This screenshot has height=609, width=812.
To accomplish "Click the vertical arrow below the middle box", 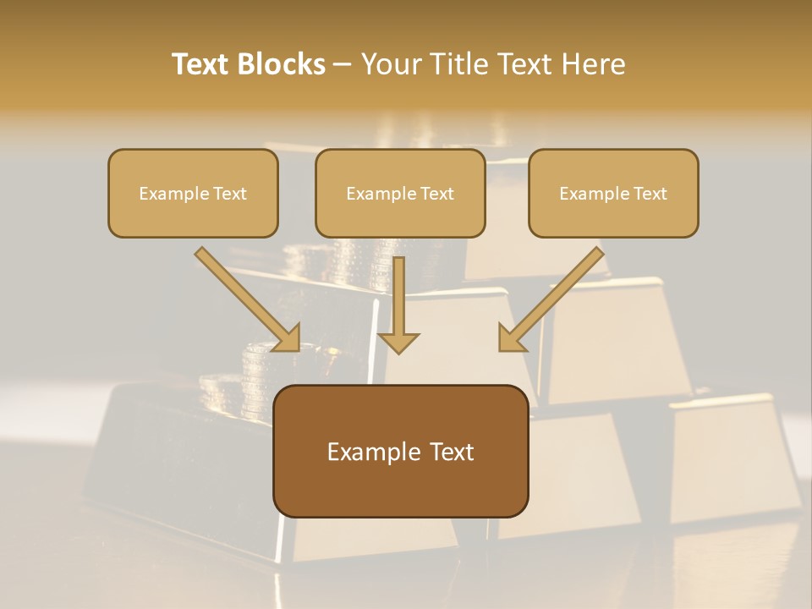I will (x=398, y=296).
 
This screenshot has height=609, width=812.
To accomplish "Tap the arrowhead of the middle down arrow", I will (x=398, y=342).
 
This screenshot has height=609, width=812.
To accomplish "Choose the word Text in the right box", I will (x=650, y=194).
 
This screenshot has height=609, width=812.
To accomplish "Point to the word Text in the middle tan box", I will (x=437, y=194).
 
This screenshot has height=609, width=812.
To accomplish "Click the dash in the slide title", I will (x=343, y=64).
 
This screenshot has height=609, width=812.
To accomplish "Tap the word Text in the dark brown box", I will (x=453, y=452).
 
